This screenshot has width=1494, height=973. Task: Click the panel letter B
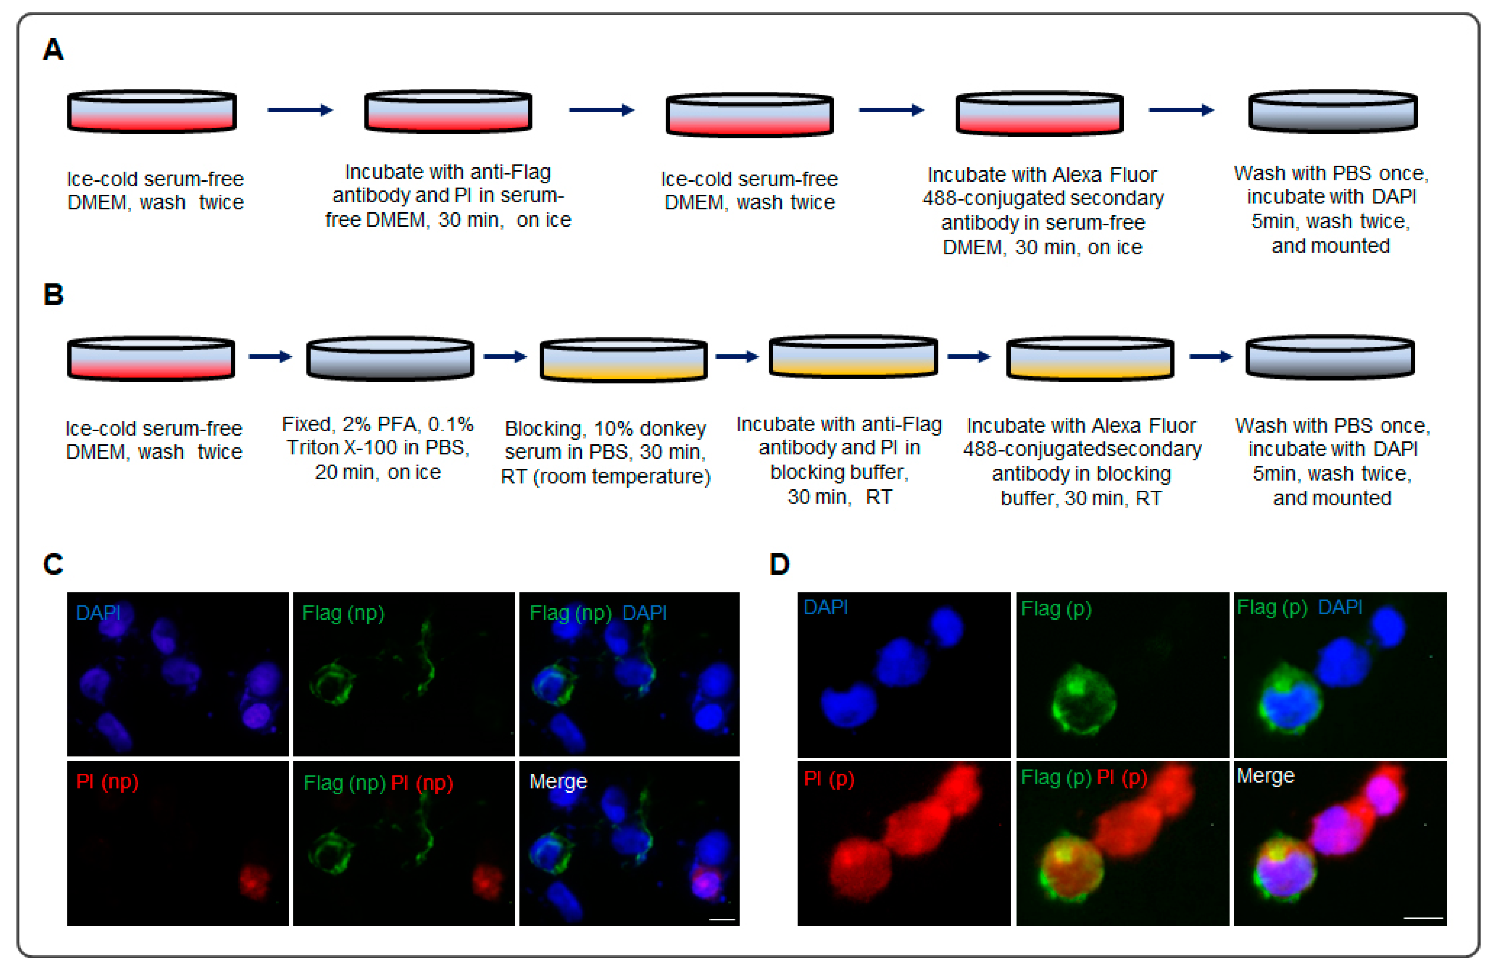coord(53,294)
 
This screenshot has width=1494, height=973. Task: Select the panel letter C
coord(53,564)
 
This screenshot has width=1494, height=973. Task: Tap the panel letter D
coord(779,564)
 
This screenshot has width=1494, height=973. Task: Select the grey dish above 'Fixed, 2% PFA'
coord(390,358)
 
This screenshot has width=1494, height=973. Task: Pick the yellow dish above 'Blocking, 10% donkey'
coord(623,359)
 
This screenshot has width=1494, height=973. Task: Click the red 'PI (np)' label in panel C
coord(107,782)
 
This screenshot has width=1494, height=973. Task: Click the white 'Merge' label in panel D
coord(1265,776)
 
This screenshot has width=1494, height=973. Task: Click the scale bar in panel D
coord(1423,918)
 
